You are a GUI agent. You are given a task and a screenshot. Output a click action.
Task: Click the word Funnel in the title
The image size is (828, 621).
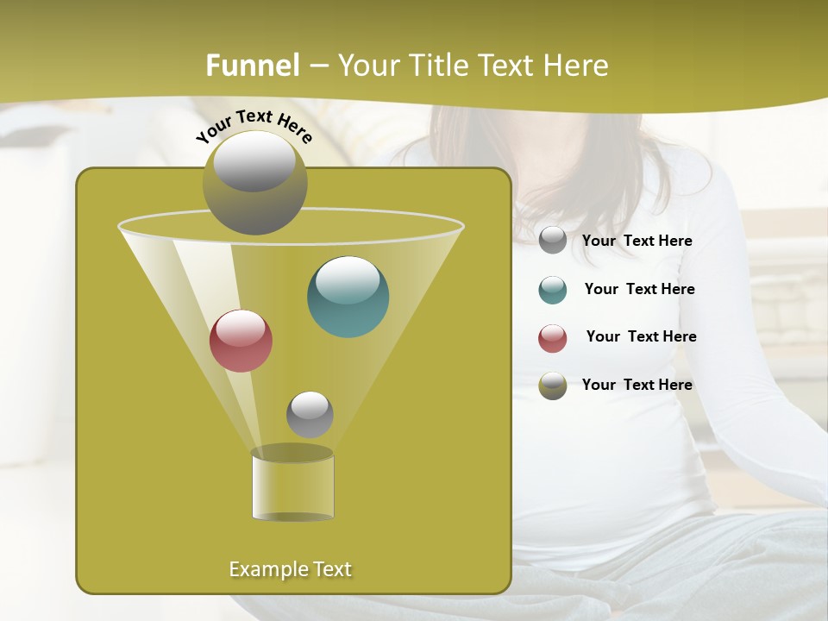tap(253, 66)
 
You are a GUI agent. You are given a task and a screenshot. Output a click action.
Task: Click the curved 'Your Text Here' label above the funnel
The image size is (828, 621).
tap(254, 126)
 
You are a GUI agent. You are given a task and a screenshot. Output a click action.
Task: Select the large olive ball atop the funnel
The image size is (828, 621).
tap(254, 183)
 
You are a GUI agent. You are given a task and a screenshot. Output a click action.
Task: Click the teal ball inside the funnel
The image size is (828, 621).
tap(348, 296)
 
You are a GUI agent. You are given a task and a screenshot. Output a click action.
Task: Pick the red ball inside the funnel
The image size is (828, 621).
tap(241, 341)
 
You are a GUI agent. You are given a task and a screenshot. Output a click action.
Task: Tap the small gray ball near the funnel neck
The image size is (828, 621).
tap(310, 414)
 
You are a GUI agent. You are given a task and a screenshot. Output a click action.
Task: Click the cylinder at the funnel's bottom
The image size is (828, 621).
tap(292, 485)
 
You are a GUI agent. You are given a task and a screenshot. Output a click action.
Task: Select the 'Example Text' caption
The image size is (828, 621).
tap(291, 569)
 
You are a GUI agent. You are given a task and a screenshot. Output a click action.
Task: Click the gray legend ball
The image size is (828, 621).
tap(553, 241)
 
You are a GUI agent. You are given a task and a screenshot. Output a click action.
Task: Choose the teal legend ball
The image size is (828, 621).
tap(553, 290)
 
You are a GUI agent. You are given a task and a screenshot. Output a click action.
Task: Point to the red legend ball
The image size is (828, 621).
tap(553, 338)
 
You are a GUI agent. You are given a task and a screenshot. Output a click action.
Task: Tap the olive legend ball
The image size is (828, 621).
tap(553, 386)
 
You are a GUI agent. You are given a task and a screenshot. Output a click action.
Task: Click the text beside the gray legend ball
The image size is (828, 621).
tap(637, 241)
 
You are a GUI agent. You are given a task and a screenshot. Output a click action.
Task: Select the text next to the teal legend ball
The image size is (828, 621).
tap(639, 290)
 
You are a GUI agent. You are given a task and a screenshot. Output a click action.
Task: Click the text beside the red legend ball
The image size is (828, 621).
tap(641, 337)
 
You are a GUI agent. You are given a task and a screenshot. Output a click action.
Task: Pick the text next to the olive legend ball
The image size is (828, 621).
tap(637, 386)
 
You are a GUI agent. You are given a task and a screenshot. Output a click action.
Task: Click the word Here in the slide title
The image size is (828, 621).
tap(577, 66)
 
